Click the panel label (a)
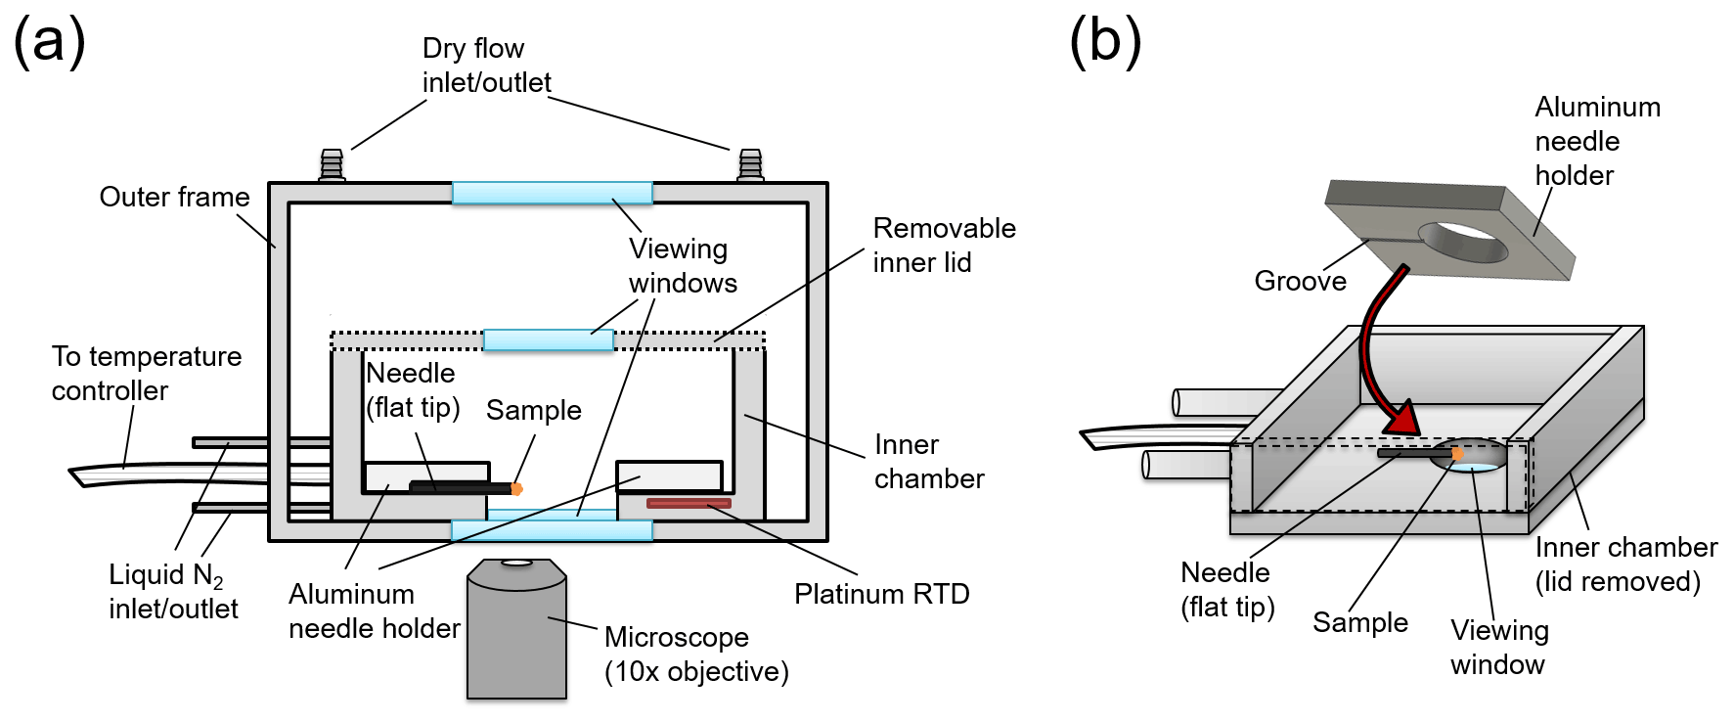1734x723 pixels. [x=49, y=43]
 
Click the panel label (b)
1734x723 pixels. [x=1105, y=43]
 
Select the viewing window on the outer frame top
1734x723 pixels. [x=552, y=193]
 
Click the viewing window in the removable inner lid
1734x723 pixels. [x=549, y=340]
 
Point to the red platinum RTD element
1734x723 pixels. [x=689, y=504]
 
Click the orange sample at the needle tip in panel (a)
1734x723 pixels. [x=516, y=487]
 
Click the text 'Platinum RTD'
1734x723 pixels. [x=881, y=594]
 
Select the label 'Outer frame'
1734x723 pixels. [x=174, y=197]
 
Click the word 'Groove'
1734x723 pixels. [x=1300, y=282]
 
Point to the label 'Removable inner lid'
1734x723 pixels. [x=944, y=245]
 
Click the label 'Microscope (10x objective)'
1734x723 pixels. [x=695, y=655]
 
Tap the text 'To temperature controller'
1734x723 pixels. [x=147, y=373]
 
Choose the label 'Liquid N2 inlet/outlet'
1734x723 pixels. [x=172, y=592]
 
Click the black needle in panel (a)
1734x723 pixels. [x=460, y=486]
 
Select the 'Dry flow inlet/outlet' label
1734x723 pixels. [x=486, y=66]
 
